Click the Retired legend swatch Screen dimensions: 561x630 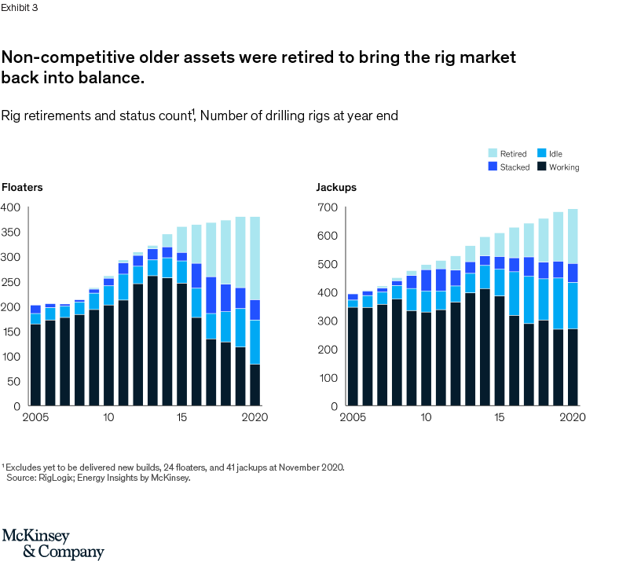[492, 154]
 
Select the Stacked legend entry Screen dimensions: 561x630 [515, 167]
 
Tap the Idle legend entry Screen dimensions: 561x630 [555, 154]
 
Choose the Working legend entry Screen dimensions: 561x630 [564, 167]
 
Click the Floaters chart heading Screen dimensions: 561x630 [22, 188]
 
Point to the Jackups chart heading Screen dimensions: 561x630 [336, 188]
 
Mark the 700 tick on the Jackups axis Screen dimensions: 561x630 [327, 207]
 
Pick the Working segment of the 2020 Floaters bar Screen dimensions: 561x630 [255, 385]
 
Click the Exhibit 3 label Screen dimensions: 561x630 [20, 8]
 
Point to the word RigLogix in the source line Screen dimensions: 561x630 [56, 477]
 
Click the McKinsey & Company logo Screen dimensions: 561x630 [53, 544]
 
